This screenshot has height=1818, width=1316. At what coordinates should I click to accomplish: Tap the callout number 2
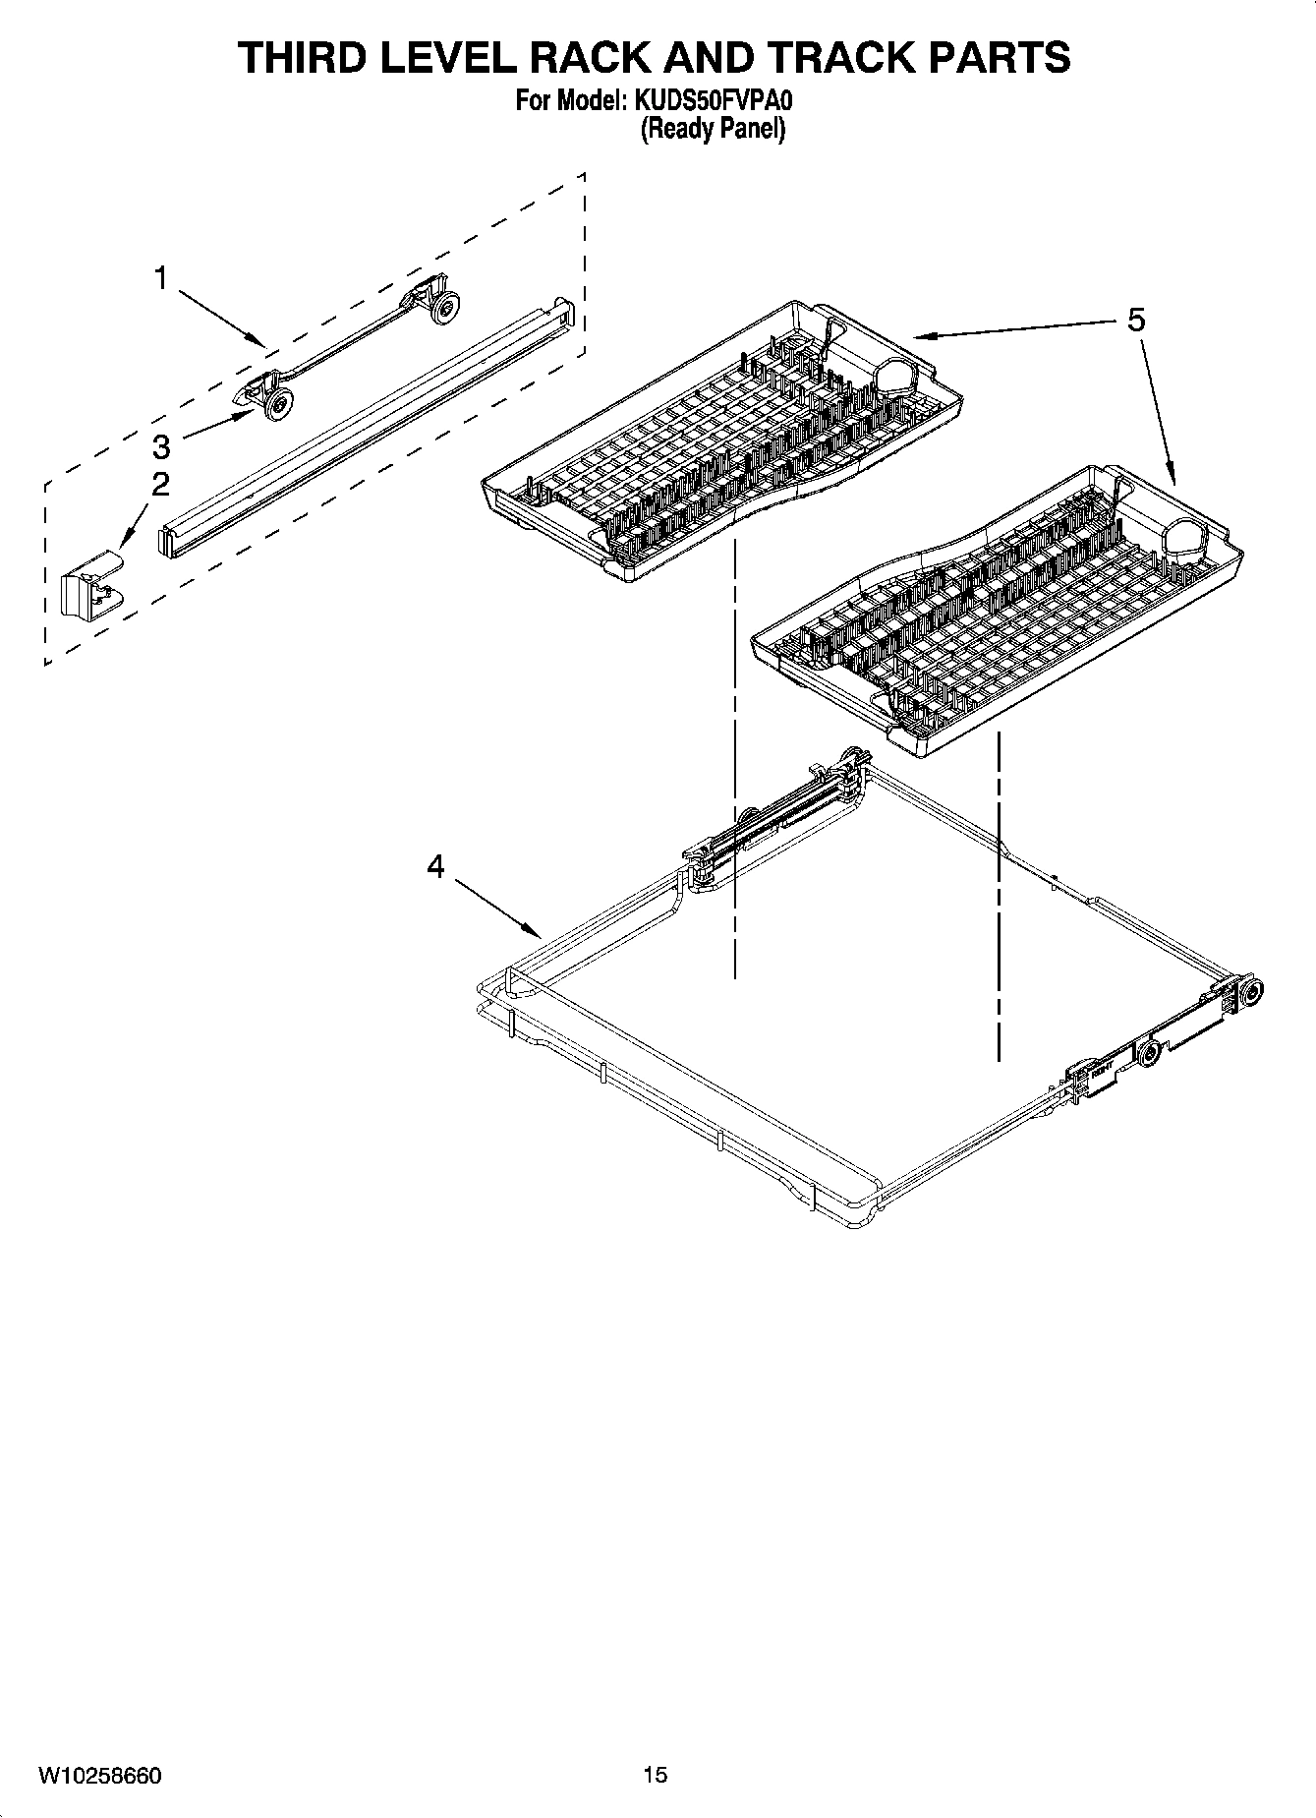(159, 484)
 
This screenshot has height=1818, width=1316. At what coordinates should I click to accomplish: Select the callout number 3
(161, 447)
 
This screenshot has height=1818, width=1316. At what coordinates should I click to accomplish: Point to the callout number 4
(435, 866)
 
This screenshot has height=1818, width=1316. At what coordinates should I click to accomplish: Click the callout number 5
(1136, 321)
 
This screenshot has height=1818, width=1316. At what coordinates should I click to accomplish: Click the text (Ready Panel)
(713, 129)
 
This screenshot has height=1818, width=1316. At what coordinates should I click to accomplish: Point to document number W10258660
(100, 1775)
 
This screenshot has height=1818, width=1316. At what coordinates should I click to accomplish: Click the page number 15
(656, 1775)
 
